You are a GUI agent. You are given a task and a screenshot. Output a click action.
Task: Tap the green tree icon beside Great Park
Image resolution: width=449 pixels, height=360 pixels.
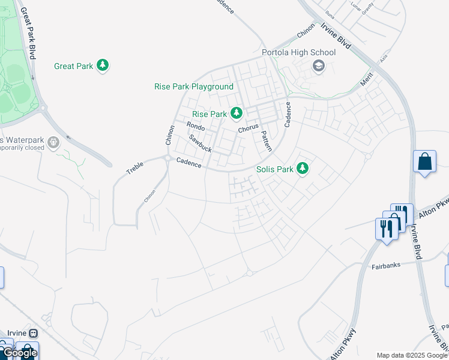103,65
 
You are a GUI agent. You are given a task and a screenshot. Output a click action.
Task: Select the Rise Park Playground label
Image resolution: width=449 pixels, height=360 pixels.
194,87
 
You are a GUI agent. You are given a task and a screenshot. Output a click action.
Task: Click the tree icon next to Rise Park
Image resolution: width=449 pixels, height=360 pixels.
237,113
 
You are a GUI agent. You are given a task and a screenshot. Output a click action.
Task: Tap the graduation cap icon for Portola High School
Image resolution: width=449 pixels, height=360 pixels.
318,65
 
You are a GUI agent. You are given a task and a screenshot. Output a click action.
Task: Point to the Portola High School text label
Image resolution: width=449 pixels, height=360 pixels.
298,52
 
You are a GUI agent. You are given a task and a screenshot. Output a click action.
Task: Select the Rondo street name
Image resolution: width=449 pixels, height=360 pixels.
196,127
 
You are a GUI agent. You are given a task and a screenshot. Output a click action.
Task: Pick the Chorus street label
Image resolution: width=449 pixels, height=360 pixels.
248,128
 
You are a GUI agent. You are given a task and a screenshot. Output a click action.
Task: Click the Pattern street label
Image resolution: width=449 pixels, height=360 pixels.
265,142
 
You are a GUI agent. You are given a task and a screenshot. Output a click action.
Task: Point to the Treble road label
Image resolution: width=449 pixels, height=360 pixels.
135,168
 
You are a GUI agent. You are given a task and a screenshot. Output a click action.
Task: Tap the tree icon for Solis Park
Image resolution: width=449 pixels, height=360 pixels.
303,169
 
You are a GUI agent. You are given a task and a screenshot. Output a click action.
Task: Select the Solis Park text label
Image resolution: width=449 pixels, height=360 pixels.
275,169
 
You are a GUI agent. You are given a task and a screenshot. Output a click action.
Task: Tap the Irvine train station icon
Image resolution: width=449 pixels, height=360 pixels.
33,333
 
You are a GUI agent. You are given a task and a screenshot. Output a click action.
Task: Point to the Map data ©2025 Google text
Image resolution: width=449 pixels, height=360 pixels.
412,355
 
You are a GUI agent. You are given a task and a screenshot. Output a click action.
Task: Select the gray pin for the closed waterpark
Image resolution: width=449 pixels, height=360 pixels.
54,142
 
